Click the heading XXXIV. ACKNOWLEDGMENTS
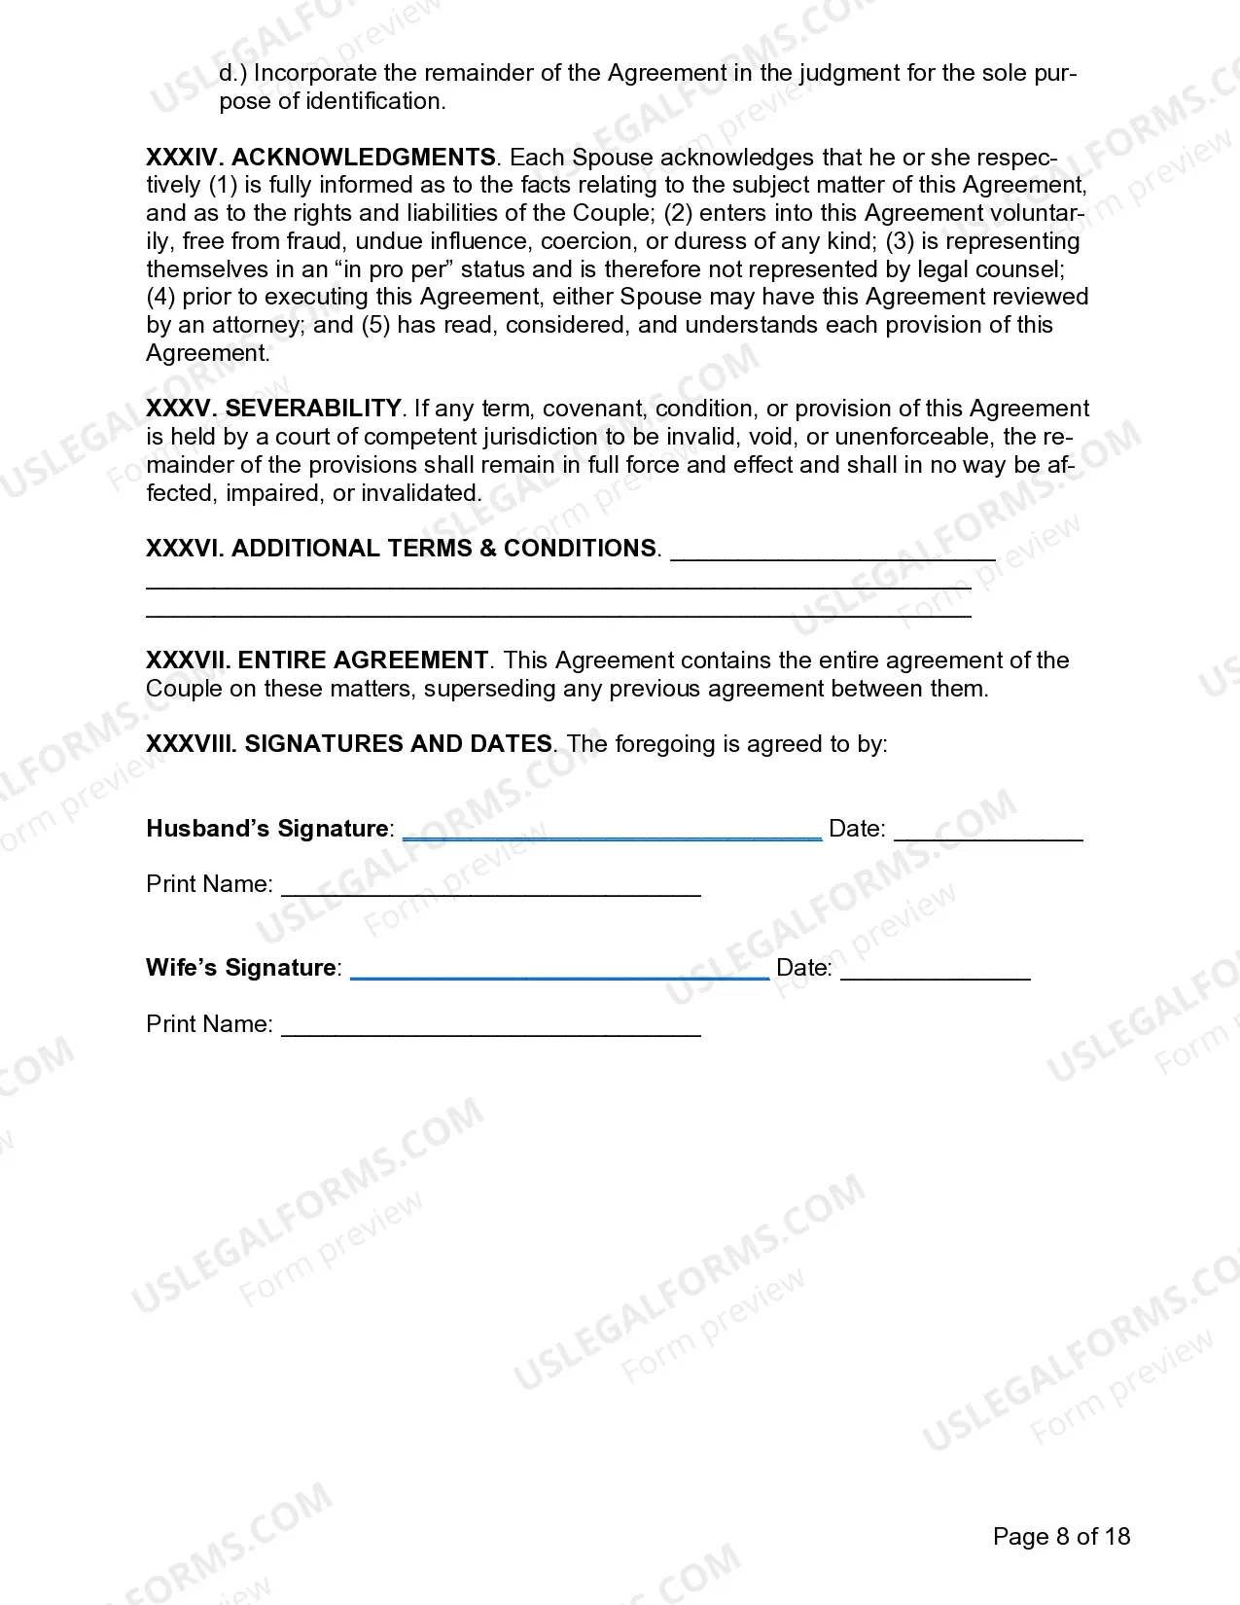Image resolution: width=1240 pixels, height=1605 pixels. [x=320, y=158]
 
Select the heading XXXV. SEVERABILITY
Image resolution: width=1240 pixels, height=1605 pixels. [x=273, y=409]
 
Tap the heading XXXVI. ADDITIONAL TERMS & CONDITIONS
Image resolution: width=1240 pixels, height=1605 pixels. [x=401, y=549]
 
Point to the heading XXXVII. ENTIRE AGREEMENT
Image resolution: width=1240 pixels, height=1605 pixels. [x=316, y=660]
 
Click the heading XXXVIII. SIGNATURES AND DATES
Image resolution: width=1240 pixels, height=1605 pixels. [x=349, y=744]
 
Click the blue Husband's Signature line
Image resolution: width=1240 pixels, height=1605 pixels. [x=612, y=835]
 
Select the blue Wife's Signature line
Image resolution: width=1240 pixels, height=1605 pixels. [x=559, y=974]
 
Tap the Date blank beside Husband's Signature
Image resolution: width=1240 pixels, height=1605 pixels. [x=987, y=835]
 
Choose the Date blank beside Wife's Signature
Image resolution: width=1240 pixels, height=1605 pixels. [x=935, y=974]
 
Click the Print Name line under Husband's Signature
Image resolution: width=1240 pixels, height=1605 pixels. [x=490, y=891]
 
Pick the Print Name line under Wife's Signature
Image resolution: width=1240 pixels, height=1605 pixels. [x=490, y=1031]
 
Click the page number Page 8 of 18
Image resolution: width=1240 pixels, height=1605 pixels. [x=1061, y=1537]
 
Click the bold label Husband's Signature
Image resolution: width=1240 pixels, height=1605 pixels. [x=267, y=829]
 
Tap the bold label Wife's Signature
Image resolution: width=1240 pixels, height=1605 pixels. [x=241, y=968]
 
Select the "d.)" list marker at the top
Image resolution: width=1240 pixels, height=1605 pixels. [x=232, y=74]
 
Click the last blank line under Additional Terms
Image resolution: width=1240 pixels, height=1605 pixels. [x=558, y=614]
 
